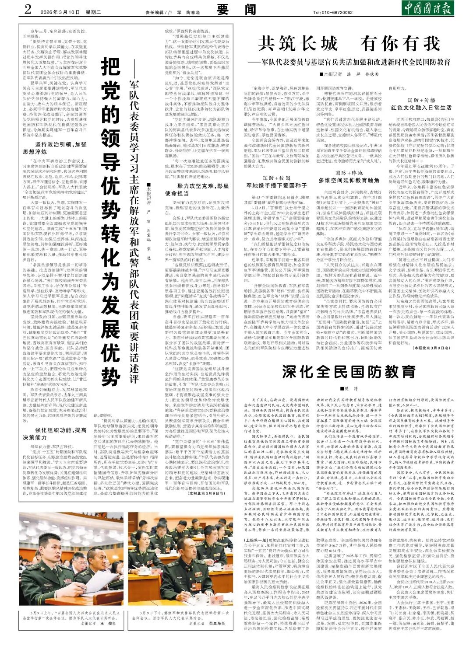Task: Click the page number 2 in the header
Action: point(28,9)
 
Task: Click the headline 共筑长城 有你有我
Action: point(349,44)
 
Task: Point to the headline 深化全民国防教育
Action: point(349,372)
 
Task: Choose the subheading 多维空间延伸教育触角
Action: point(349,180)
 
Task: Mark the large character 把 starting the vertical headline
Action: point(110,66)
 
